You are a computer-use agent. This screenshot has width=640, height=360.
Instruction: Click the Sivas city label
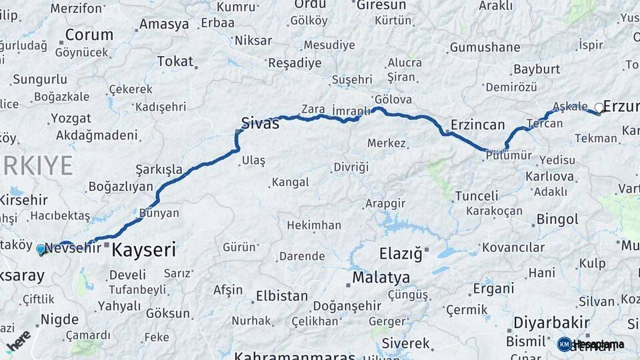click(259, 123)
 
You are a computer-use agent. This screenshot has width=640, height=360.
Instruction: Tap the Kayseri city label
click(144, 251)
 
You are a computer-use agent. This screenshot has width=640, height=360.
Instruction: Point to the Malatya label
click(381, 277)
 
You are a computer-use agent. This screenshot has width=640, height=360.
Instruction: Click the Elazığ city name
click(401, 254)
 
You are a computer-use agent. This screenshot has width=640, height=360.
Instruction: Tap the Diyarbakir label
click(551, 322)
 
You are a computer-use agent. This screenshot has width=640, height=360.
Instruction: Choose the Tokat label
click(175, 61)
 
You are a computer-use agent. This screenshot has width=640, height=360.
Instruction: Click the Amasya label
click(163, 25)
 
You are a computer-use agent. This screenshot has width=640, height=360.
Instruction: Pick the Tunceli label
click(476, 196)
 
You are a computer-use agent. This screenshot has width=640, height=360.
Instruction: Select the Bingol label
click(557, 219)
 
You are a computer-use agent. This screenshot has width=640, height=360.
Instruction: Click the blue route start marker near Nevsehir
click(41, 250)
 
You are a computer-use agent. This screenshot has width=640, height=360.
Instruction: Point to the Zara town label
click(313, 109)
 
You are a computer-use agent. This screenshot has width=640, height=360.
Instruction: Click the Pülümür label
click(509, 155)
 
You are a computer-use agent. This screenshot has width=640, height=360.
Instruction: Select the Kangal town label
click(290, 182)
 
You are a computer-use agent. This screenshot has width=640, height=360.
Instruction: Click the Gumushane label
click(485, 47)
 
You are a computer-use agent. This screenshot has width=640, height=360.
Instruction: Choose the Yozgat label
click(71, 119)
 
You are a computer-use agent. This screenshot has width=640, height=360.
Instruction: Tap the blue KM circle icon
click(564, 344)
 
